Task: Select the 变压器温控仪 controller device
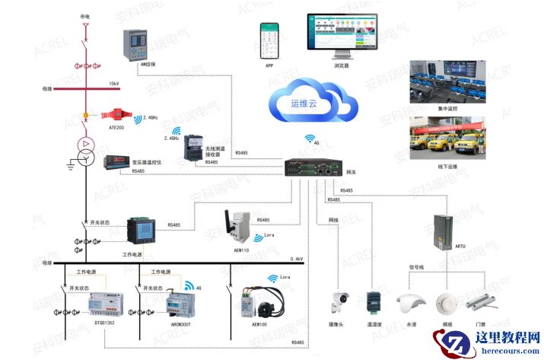click(x=117, y=161)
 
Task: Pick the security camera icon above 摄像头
click(x=337, y=303)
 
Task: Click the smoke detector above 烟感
click(x=445, y=303)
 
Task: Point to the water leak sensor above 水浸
click(x=409, y=302)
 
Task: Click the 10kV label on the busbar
click(x=113, y=83)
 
